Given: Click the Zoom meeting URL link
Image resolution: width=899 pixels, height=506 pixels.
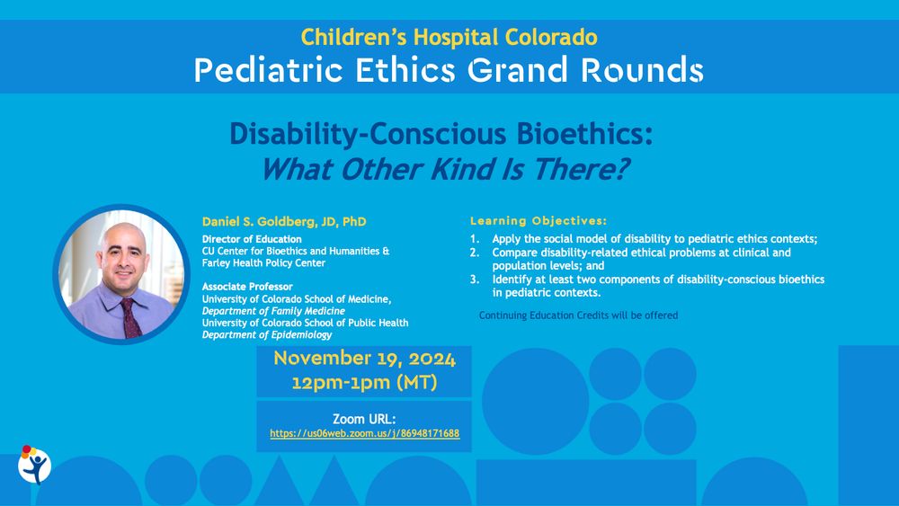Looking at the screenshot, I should click(364, 433).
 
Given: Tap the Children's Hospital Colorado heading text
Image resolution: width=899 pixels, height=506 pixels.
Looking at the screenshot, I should click(449, 37).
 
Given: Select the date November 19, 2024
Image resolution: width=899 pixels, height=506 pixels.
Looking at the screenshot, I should click(364, 359).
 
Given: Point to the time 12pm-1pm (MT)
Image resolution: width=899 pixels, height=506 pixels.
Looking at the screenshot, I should click(364, 382).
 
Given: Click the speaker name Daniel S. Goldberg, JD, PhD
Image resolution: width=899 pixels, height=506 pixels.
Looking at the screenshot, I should click(284, 221).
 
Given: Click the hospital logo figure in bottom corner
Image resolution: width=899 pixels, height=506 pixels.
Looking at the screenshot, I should click(34, 465).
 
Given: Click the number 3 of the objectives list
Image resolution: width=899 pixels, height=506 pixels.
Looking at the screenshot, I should click(474, 280).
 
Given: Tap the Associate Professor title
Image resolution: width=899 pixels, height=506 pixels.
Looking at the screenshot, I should click(247, 287).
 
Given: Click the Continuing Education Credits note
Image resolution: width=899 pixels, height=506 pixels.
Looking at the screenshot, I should click(578, 315).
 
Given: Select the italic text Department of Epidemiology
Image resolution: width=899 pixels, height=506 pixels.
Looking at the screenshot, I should click(266, 334).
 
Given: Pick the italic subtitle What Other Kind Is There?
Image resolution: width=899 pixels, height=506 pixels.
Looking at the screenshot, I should click(444, 168).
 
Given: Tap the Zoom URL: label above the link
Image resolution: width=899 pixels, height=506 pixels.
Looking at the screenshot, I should click(364, 419).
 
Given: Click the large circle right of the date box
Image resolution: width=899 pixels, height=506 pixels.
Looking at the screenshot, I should click(535, 401).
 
